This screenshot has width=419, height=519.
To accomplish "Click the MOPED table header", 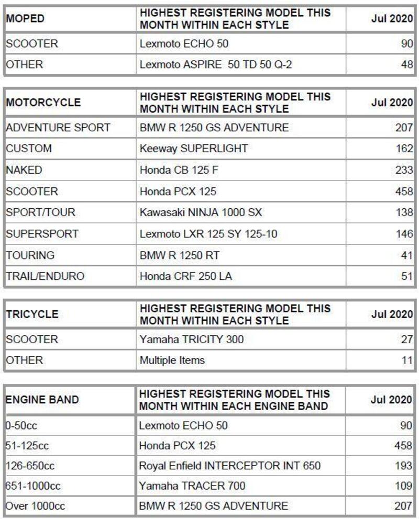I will pyautogui.click(x=25, y=19).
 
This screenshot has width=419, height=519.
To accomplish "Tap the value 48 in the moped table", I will pyautogui.click(x=407, y=65).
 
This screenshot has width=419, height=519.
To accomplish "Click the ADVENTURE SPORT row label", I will pyautogui.click(x=58, y=127).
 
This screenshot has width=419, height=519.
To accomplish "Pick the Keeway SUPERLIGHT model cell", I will pyautogui.click(x=193, y=149).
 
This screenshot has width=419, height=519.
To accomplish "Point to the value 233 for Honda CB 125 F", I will pyautogui.click(x=404, y=170).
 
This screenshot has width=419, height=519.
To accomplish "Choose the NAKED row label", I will pyautogui.click(x=24, y=170).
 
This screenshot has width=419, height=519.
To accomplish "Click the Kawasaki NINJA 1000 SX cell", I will pyautogui.click(x=201, y=212).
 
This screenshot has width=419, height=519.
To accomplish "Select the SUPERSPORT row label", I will pyautogui.click(x=42, y=234).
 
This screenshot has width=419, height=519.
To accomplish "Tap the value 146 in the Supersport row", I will pyautogui.click(x=404, y=234).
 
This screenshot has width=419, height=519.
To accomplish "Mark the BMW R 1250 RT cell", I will pyautogui.click(x=179, y=255).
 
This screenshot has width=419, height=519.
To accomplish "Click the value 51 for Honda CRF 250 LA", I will pyautogui.click(x=407, y=276).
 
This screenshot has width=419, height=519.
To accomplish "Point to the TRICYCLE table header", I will pyautogui.click(x=32, y=314).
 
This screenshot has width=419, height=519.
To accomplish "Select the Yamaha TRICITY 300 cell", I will pyautogui.click(x=191, y=340).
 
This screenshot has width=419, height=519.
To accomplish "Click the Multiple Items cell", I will pyautogui.click(x=172, y=360).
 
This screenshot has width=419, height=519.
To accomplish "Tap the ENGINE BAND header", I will pyautogui.click(x=42, y=400).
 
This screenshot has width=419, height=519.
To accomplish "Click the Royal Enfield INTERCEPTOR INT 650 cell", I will pyautogui.click(x=229, y=465).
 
